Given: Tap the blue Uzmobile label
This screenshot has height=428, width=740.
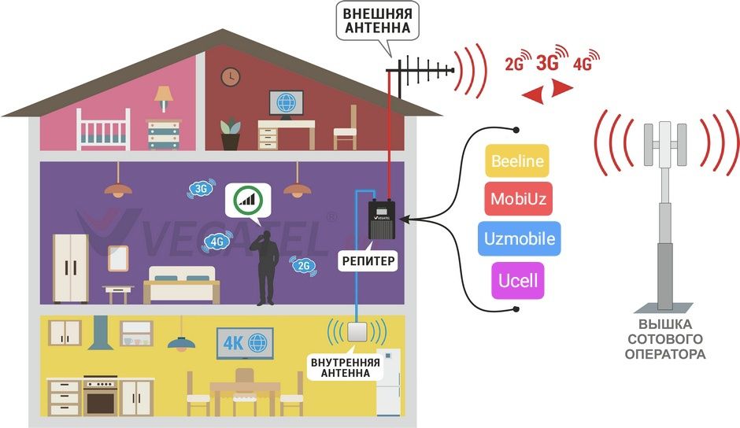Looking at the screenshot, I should tap(518, 238).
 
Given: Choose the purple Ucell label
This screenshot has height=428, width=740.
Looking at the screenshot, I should tap(518, 279).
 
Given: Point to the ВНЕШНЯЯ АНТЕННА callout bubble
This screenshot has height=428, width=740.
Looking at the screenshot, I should tap(377, 21).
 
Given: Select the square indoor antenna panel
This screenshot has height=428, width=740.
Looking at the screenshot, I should tap(358, 332).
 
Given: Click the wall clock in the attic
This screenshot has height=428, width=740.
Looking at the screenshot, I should tap(230, 77).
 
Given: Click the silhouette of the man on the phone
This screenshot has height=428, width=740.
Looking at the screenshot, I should tap(265, 267).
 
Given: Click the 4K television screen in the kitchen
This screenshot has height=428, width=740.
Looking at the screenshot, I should tap(245, 343).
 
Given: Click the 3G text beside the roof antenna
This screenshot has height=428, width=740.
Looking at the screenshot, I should tap(548, 63).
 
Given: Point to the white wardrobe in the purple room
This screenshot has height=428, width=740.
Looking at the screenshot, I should tap(71, 268).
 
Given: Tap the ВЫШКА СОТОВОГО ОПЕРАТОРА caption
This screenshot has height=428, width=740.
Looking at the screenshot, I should tap(665, 339).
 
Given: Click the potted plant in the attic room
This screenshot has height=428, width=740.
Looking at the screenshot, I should tap(230, 135).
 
